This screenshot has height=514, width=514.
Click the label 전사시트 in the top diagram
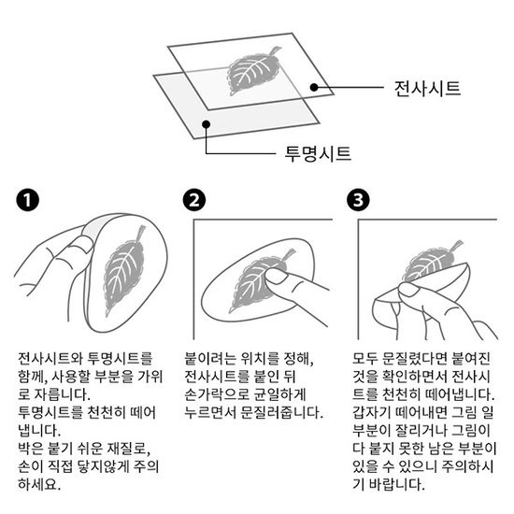point(427,89)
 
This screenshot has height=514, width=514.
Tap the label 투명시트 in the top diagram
point(318,154)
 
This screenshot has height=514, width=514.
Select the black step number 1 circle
point(27,200)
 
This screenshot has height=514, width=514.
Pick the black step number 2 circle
point(194,200)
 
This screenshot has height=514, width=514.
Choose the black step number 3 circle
point(358,200)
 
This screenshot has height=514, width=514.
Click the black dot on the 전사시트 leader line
point(314,87)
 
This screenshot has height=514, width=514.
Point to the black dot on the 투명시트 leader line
point(206,124)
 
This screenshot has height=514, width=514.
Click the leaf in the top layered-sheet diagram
point(252,70)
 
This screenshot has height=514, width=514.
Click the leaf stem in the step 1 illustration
point(140,232)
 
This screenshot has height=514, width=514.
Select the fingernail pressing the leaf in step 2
point(276,277)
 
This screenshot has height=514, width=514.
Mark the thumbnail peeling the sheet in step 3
point(408,290)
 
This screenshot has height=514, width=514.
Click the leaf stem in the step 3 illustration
point(456,245)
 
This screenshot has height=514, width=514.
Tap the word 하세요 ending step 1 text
point(39,484)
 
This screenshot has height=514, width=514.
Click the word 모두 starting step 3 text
point(365,358)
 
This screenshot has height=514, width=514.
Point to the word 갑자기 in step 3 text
point(372,412)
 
